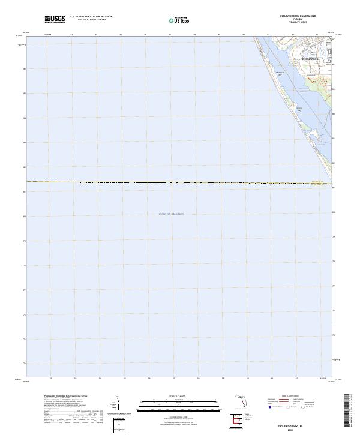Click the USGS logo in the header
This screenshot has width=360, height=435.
55,19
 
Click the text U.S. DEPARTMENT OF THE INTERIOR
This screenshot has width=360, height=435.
91,17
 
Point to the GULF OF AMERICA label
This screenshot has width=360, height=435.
172,214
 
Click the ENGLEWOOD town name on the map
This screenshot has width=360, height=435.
311,59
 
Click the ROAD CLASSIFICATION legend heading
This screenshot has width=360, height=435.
288,397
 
